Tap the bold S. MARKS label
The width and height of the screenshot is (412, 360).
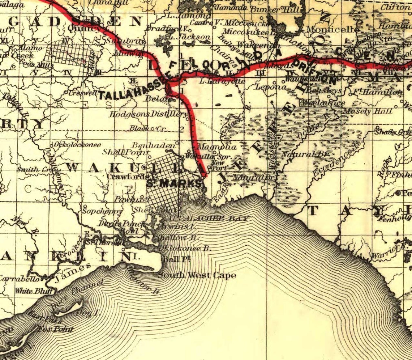174,183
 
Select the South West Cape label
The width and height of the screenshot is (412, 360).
197,276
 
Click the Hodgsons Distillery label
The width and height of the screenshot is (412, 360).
149,114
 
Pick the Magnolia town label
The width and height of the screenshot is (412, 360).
217,147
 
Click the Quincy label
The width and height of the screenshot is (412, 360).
87,28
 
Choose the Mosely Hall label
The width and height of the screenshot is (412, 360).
367,111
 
